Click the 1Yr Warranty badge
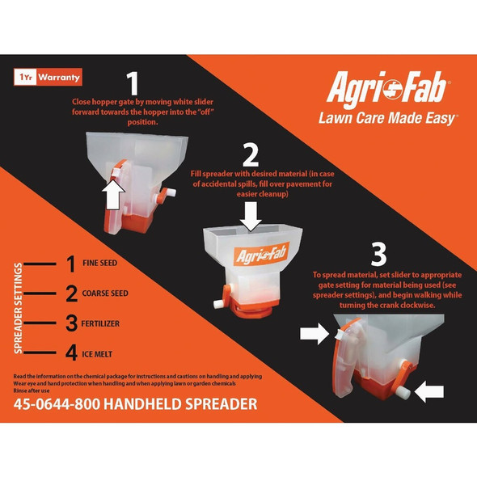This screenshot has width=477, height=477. click(48, 78)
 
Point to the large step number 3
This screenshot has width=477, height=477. click(378, 253)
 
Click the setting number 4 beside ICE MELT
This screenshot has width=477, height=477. click(70, 353)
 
